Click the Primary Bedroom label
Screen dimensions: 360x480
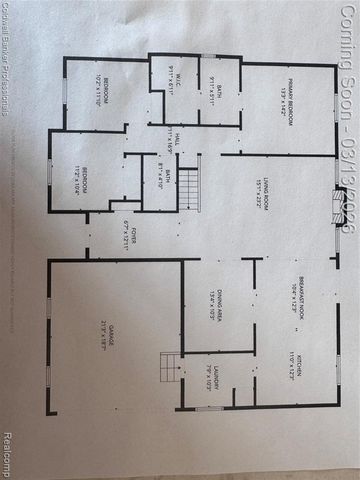(285, 106)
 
